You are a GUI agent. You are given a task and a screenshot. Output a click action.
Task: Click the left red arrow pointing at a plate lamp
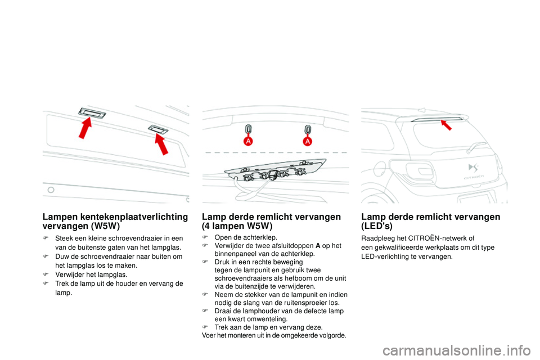pos(85,129)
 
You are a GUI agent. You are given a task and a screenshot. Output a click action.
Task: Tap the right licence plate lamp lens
pos(158,130)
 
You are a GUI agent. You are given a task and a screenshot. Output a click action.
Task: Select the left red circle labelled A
pos(247,141)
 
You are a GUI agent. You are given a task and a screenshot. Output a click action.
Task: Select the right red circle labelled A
pos(308,141)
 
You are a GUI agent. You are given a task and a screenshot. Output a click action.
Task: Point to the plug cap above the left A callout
pos(247,129)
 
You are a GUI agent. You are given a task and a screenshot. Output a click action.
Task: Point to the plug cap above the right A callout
pos(308,129)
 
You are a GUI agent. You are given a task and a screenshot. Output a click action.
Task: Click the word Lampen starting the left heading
pos(59,217)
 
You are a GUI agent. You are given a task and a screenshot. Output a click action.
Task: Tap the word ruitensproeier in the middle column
pos(298,303)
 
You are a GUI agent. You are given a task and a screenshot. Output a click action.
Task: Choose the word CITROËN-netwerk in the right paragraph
pos(447,238)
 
